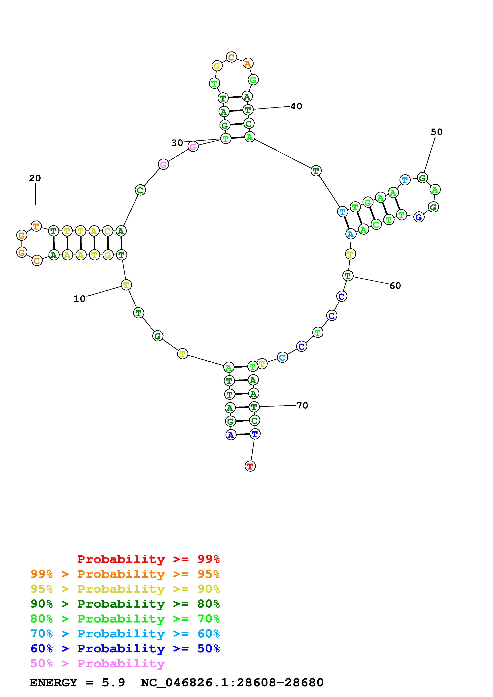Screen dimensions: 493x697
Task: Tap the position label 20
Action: click(35, 178)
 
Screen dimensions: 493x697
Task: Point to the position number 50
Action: click(437, 132)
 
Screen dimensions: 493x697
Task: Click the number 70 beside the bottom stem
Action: click(302, 405)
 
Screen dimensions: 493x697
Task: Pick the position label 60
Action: click(395, 286)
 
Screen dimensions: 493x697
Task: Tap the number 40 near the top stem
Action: click(296, 106)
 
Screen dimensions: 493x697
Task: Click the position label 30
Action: click(177, 143)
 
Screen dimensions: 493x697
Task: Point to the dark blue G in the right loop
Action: click(419, 217)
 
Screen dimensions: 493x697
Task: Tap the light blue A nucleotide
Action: click(351, 234)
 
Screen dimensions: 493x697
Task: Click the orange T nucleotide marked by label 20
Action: click(36, 226)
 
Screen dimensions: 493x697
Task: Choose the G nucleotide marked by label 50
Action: click(422, 178)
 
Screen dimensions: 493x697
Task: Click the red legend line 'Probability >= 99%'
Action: click(149, 559)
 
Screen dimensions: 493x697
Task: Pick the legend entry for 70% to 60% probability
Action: click(125, 634)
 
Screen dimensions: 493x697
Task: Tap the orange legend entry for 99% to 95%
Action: click(125, 574)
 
